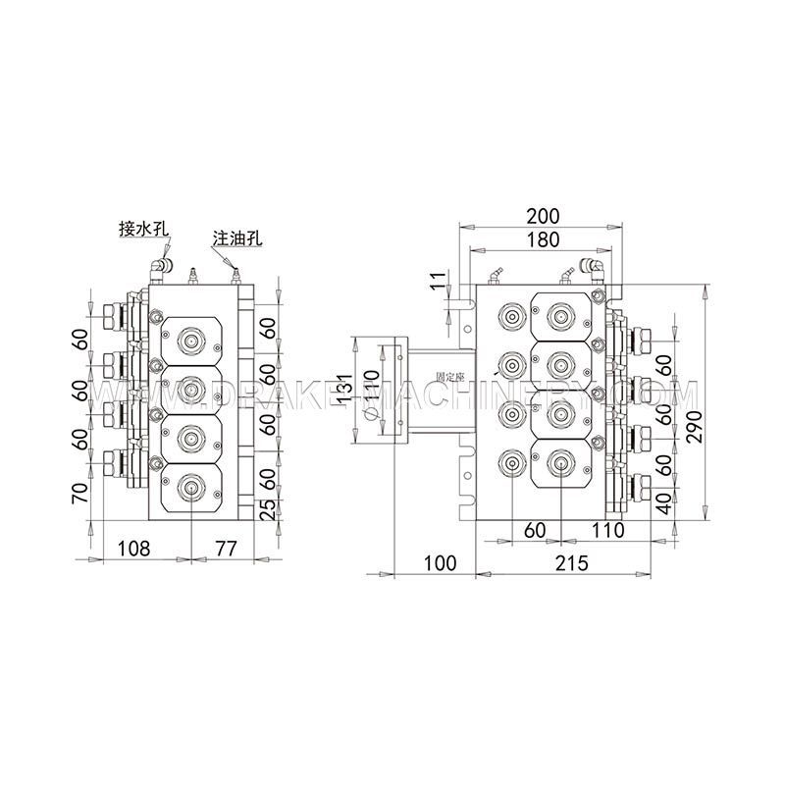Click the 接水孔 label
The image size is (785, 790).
144,229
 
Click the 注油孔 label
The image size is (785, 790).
235,238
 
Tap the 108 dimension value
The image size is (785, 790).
134,548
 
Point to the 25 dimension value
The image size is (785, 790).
264,509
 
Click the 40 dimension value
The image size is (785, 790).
665,504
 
